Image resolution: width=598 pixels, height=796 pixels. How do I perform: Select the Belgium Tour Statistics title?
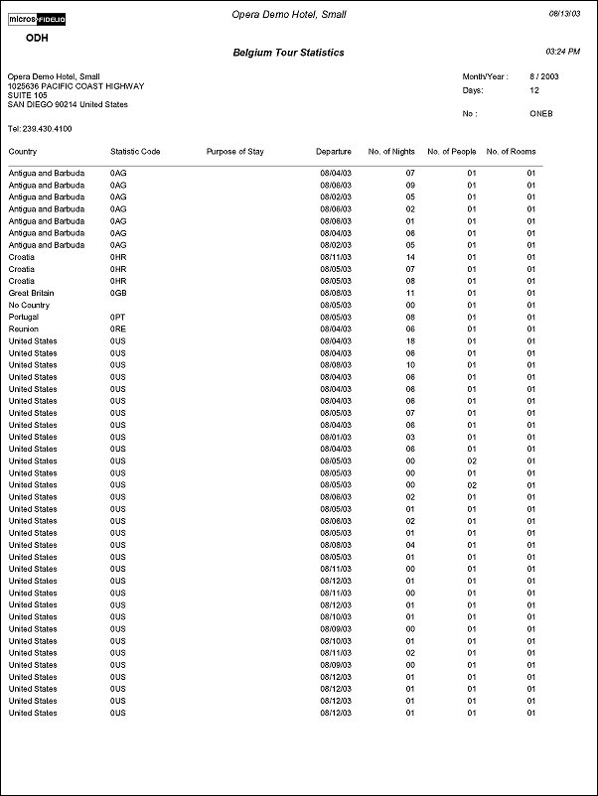click(288, 53)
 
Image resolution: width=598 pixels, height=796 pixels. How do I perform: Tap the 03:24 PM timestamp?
click(563, 51)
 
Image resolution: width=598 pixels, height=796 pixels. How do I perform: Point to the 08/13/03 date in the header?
click(566, 14)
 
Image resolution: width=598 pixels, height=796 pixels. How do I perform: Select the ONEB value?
click(542, 114)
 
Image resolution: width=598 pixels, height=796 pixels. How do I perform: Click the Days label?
click(472, 89)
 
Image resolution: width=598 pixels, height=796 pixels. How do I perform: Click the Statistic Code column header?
click(135, 152)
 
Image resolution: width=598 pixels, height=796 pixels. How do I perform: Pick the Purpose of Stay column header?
click(234, 152)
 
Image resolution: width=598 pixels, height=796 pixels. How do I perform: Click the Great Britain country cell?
click(31, 293)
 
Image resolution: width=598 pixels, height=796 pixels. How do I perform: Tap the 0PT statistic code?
click(118, 317)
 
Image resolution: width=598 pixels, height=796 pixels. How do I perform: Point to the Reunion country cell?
click(24, 329)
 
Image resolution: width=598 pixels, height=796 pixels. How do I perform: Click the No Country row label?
click(29, 305)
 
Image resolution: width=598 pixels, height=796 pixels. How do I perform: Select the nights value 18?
click(409, 340)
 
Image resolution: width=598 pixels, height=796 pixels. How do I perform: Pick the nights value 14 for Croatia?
click(409, 257)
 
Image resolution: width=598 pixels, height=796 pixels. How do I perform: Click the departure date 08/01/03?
click(336, 437)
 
